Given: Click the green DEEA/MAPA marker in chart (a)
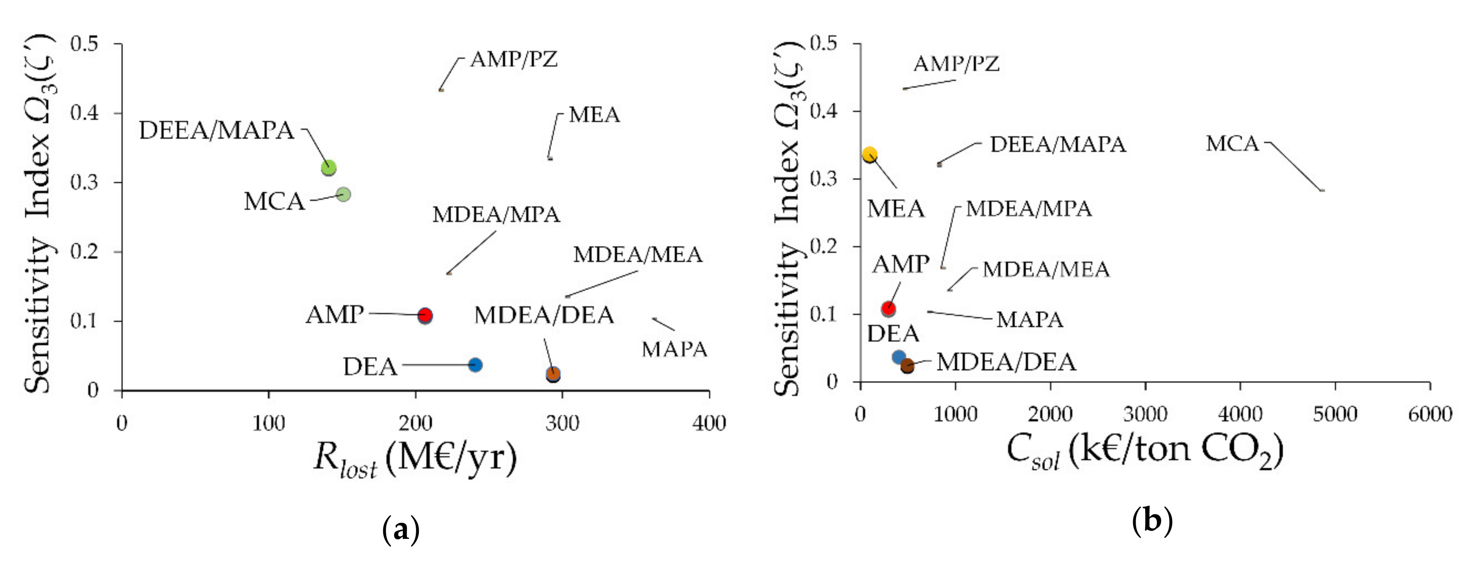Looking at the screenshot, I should click(328, 168).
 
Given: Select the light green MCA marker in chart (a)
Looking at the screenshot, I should click(343, 194).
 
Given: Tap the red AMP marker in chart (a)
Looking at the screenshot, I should click(424, 315).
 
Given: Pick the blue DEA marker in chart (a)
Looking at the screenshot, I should click(475, 364).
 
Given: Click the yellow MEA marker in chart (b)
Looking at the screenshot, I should click(869, 154).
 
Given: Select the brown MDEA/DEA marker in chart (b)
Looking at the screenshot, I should click(907, 366).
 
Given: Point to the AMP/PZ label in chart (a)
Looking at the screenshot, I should click(513, 59).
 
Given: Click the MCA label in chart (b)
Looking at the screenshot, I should click(1232, 144).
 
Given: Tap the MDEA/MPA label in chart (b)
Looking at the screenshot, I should click(1028, 209).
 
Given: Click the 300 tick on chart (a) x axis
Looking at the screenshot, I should click(562, 423).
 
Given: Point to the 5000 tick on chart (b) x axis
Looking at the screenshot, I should click(1334, 414).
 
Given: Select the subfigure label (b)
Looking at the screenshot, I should click(1152, 521).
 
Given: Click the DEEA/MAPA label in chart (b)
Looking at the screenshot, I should click(1057, 144).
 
